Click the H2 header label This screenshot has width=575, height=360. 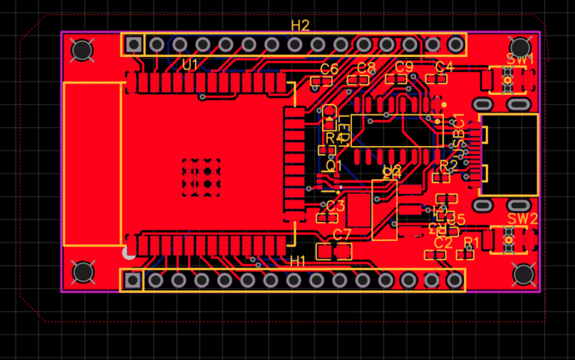pyautogui.click(x=300, y=25)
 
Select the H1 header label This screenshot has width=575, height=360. pyautogui.click(x=298, y=260)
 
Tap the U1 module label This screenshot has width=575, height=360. pyautogui.click(x=190, y=65)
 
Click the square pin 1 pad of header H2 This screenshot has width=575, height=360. pyautogui.click(x=134, y=44)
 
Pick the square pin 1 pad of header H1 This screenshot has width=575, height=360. pyautogui.click(x=133, y=281)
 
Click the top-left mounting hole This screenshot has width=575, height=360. pyautogui.click(x=82, y=50)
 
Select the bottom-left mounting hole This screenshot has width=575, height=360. pyautogui.click(x=82, y=273)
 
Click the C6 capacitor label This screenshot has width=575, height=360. pyautogui.click(x=329, y=69)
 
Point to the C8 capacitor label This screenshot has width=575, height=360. pyautogui.click(x=366, y=68)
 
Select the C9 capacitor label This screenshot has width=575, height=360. pyautogui.click(x=404, y=67)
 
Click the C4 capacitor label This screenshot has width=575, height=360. pyautogui.click(x=444, y=67)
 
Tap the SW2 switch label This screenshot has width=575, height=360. pyautogui.click(x=522, y=219)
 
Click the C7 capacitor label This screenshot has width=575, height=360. pyautogui.click(x=341, y=234)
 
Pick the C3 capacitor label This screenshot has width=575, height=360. pyautogui.click(x=335, y=206)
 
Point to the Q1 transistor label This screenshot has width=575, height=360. pyautogui.click(x=334, y=165)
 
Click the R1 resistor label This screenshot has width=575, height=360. pyautogui.click(x=472, y=242)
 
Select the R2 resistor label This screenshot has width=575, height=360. pyautogui.click(x=448, y=165)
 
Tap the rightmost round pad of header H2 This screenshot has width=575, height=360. pyautogui.click(x=455, y=44)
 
